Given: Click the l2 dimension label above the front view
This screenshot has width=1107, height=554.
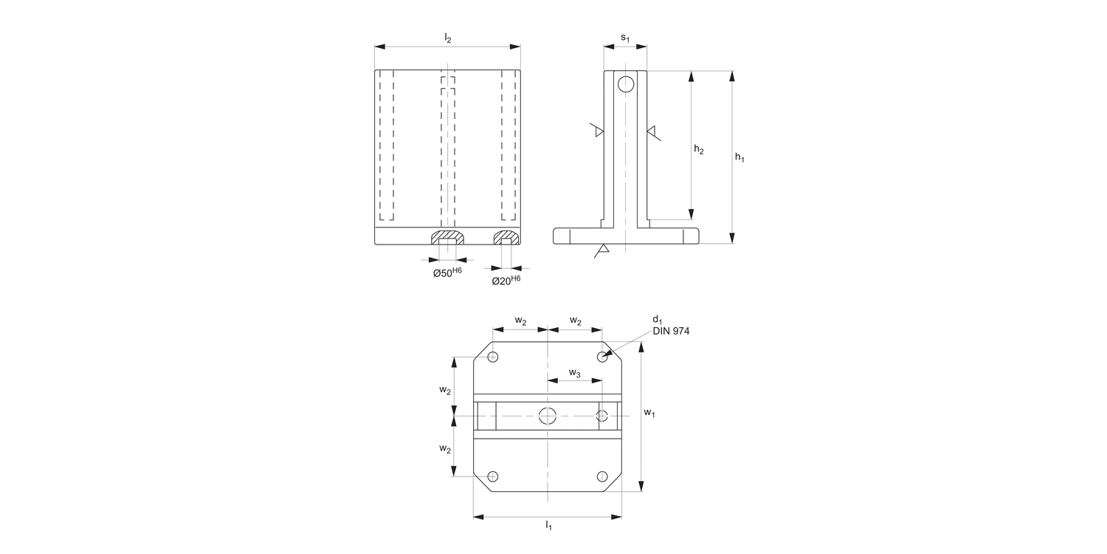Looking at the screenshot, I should pos(447,37).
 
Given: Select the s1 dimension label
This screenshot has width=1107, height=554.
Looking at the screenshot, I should pos(625,37).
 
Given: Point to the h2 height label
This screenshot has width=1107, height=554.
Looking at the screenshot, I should pos(699,150).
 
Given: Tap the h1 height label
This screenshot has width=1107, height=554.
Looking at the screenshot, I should pos(739,157).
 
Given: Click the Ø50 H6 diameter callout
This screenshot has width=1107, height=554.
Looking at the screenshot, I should pos(447,273).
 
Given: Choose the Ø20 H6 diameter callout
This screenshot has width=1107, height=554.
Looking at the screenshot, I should pos(506,281).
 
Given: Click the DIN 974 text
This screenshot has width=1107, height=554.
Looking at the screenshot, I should pos(671,332).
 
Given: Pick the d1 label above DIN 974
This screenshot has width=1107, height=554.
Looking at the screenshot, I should pos(656,319).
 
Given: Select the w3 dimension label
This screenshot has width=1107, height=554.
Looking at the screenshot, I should pos(574,373).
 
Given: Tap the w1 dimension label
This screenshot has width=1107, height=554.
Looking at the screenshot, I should pos(649,413).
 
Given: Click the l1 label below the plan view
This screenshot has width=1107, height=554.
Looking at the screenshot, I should pos(548,525).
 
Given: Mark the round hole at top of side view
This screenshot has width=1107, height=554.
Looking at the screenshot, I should pos(626,84).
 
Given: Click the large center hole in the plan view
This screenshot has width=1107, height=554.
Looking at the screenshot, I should pos(547,416).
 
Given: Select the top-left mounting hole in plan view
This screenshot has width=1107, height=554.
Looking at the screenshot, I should pos(493,358).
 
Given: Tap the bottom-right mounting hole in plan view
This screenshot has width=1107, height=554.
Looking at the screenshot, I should pos(602,476).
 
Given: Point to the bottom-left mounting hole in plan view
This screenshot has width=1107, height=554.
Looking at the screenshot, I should pos(493,476).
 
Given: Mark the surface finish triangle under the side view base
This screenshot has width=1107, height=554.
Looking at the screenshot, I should pos(602,251).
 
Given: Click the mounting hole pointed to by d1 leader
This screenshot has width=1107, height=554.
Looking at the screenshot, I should pos(602,358).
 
